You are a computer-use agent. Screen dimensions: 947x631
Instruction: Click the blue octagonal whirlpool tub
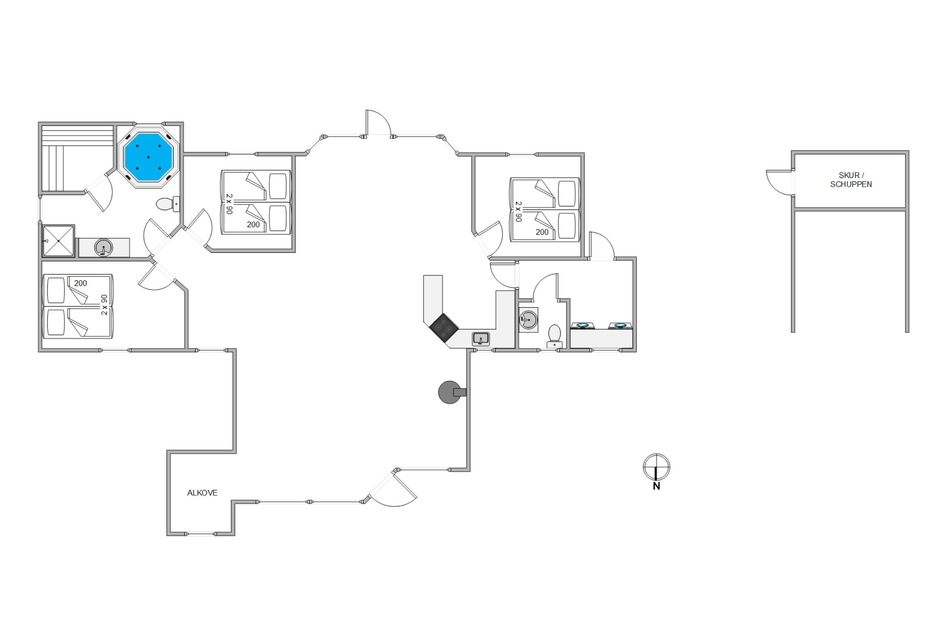(x=149, y=157)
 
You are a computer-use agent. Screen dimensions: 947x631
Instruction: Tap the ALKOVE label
(x=202, y=493)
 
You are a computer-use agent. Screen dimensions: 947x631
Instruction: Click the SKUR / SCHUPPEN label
(x=851, y=180)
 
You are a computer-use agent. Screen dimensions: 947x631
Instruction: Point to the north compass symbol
(x=656, y=471)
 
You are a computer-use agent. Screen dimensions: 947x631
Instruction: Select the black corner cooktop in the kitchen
(x=444, y=328)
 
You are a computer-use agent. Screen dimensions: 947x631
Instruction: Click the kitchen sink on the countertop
(x=481, y=339)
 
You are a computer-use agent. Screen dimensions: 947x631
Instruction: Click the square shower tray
(x=58, y=241)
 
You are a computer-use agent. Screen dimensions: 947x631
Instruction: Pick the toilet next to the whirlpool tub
(x=168, y=204)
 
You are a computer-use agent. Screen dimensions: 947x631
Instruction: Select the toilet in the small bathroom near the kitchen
(x=554, y=336)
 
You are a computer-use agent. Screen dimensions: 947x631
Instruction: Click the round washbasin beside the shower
(x=104, y=247)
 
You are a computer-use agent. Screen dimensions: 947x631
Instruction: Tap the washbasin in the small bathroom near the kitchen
(x=528, y=320)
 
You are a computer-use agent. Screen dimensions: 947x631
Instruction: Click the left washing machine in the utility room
(x=583, y=325)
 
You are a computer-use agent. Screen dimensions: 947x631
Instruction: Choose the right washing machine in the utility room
(x=620, y=325)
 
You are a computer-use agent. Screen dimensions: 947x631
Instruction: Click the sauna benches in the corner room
(x=77, y=158)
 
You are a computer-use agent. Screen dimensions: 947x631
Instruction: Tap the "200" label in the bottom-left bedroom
(x=80, y=283)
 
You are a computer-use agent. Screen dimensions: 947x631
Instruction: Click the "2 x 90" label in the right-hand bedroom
(x=519, y=212)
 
